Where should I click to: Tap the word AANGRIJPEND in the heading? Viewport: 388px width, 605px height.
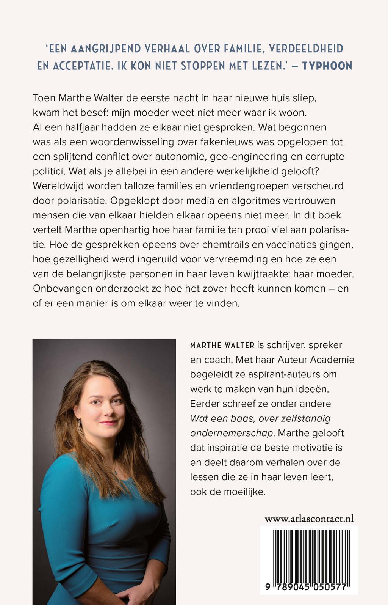click(x=102, y=49)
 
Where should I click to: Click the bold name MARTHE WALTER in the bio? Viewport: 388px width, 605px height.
click(x=222, y=345)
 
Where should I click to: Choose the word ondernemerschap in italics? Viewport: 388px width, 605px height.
click(x=232, y=433)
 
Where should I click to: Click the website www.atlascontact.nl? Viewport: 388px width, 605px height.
click(x=309, y=519)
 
